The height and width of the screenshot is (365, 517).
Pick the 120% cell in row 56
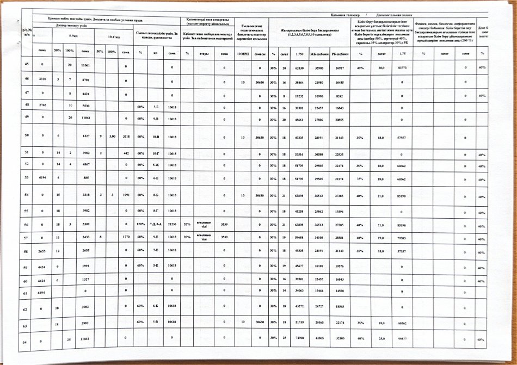[140, 224]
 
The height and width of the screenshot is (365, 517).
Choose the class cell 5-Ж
[156, 164]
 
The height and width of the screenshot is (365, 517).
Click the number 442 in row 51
[126, 154]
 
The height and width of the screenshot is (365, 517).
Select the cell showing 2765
[42, 103]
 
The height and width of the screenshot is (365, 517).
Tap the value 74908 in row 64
[299, 339]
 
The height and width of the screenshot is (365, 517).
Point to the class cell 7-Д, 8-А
[156, 224]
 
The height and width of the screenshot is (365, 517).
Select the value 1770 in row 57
[125, 237]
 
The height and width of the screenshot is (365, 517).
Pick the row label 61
[26, 293]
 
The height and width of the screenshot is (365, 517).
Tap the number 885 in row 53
[85, 177]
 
